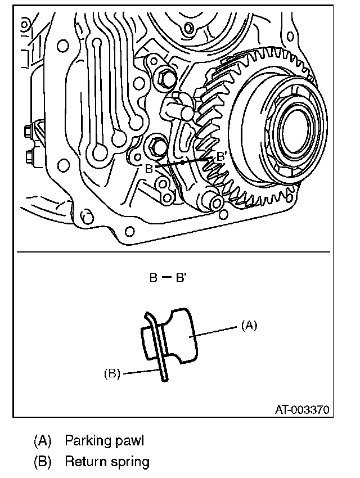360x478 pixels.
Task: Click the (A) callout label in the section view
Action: (x=249, y=325)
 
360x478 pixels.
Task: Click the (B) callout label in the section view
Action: (x=112, y=373)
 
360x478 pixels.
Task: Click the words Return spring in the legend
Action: (x=107, y=462)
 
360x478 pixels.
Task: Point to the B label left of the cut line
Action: (x=149, y=169)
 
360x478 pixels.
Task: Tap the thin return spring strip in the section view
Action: (x=163, y=360)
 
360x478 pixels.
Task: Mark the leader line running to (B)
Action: (x=141, y=371)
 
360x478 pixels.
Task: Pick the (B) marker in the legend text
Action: (x=42, y=462)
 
